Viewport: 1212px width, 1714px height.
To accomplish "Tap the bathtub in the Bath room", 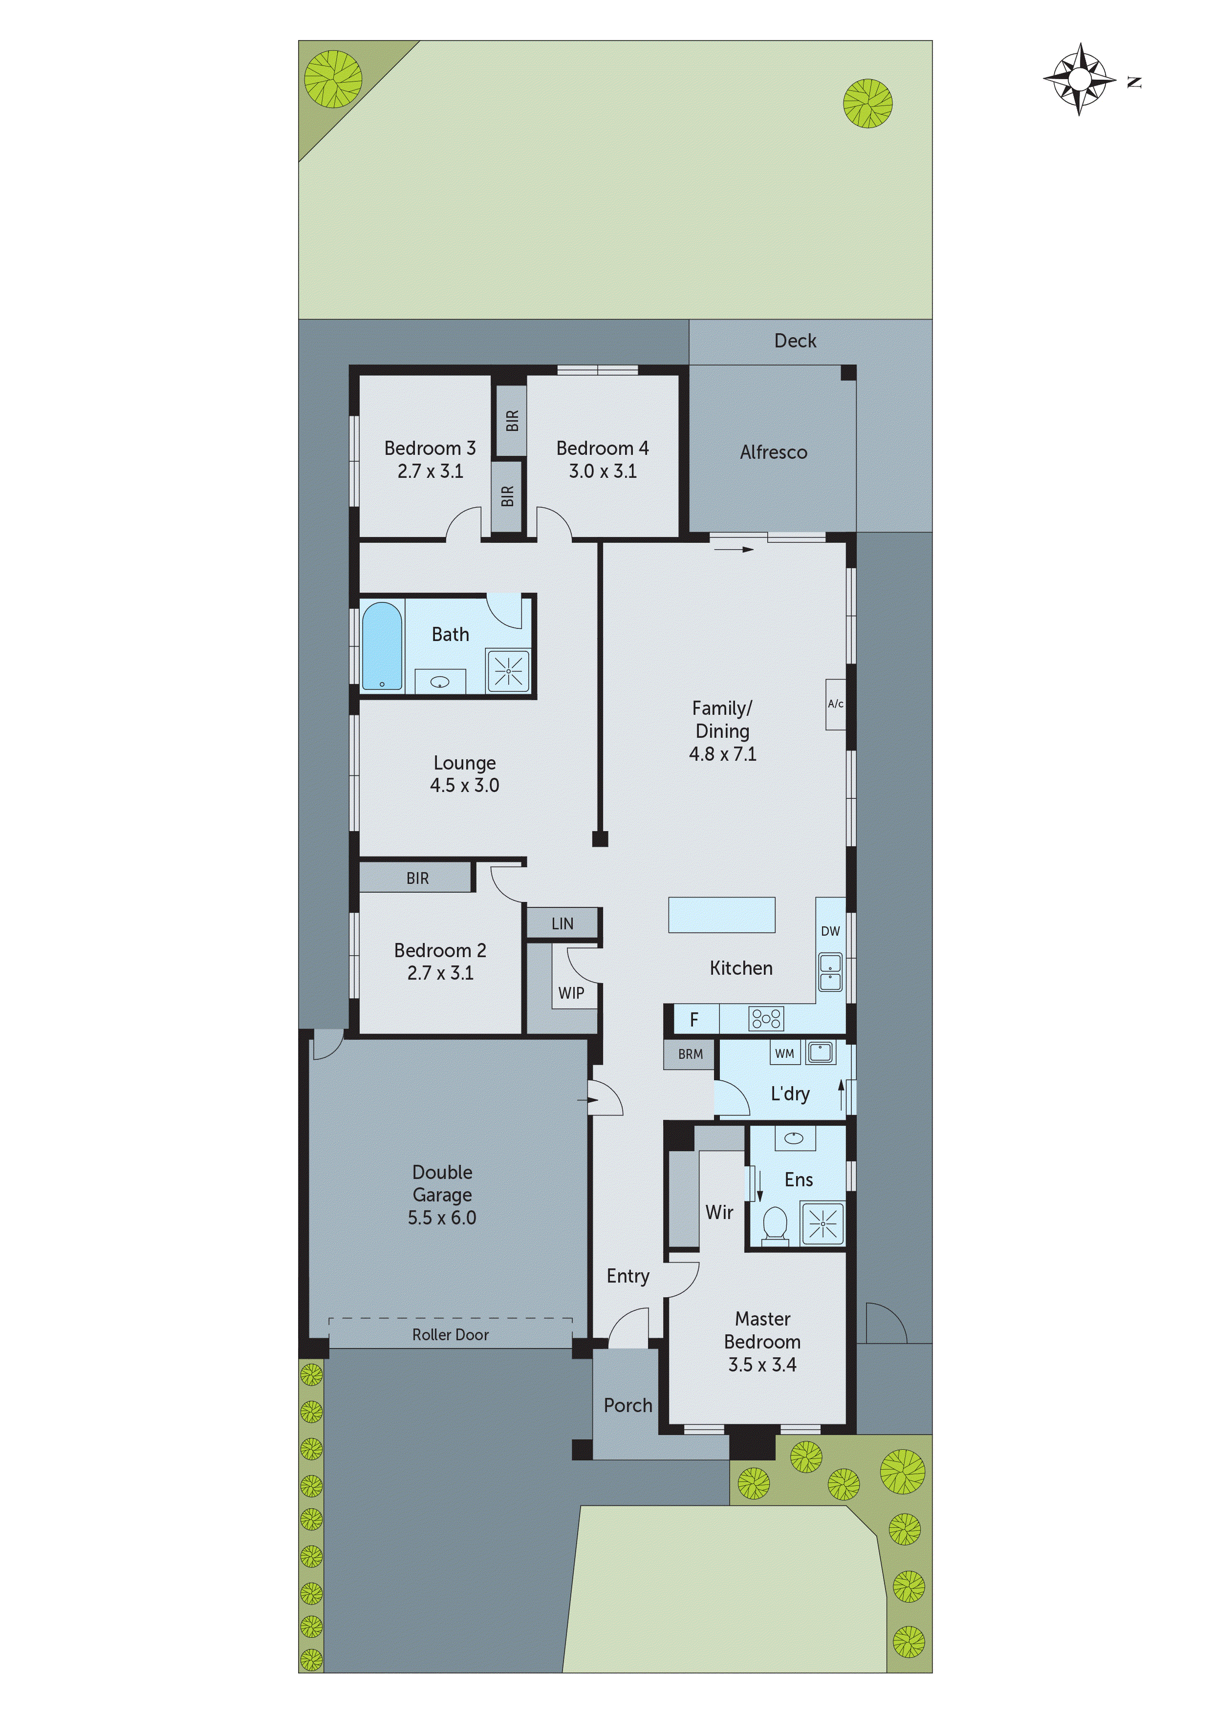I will coord(382,646).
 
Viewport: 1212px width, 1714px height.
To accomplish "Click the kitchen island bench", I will coord(721,915).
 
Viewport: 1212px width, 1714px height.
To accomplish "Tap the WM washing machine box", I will coord(784,1053).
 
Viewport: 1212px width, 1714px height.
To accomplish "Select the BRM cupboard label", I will coord(690,1054).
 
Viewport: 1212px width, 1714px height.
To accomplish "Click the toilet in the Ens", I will coord(775,1225).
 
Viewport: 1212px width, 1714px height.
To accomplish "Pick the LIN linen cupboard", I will coord(563,923).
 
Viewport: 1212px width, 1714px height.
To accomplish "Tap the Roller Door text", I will coord(450,1335).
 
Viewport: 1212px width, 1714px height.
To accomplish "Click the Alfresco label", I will coord(774,452).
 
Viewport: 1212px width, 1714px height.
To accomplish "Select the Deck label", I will coord(795,341).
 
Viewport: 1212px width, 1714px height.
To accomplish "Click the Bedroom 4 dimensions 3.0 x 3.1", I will coord(603,471).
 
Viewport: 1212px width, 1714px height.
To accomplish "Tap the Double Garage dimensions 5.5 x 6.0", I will coord(442,1218).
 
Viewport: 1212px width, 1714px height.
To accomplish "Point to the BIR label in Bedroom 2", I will coord(417,878).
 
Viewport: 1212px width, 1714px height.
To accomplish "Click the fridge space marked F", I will coord(694,1019).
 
